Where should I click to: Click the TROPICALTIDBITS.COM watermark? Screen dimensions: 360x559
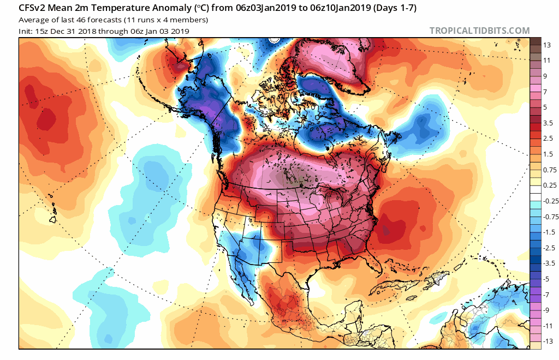tap(479, 31)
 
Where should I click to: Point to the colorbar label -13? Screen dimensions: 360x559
tap(548, 341)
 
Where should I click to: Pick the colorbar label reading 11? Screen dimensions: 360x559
tap(546, 61)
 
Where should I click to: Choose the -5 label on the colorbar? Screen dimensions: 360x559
tap(546, 278)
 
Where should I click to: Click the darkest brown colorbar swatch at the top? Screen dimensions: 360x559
tap(536, 41)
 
